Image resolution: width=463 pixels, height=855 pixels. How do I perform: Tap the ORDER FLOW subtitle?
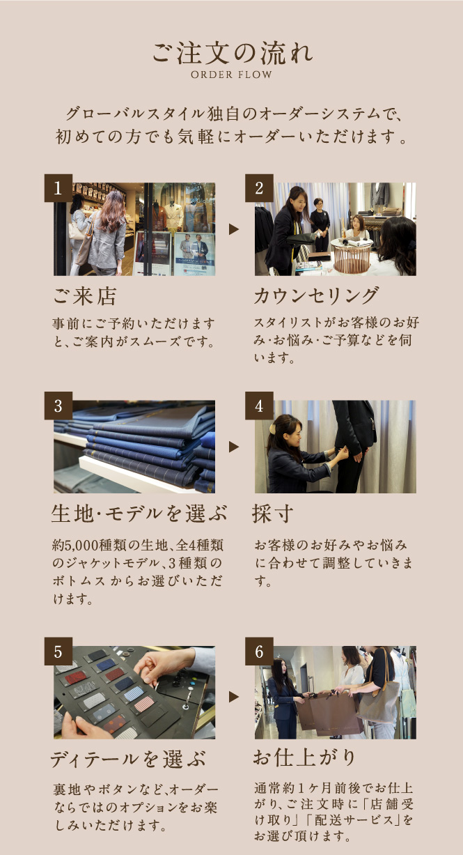(231, 75)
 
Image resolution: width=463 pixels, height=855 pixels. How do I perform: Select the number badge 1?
(58, 188)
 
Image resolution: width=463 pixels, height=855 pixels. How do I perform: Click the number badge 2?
(259, 188)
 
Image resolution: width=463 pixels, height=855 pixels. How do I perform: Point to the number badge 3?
(58, 406)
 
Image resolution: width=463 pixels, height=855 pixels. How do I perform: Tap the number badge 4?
(259, 406)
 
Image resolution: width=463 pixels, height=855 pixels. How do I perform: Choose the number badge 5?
(58, 651)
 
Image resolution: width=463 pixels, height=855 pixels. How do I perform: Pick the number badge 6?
(259, 651)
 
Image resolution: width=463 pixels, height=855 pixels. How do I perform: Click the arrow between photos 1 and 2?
(234, 229)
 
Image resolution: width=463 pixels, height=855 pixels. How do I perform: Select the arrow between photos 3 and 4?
(234, 447)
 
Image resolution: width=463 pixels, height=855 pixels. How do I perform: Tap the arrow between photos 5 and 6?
(234, 697)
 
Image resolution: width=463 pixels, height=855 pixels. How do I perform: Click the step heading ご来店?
(85, 296)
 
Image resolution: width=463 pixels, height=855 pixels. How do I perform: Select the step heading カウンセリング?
(317, 296)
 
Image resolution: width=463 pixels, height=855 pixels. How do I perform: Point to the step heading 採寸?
(273, 514)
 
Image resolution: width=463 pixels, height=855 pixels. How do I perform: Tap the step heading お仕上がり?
(304, 757)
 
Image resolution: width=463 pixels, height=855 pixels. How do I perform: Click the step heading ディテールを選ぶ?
(128, 759)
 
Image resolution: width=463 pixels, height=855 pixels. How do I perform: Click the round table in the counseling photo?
(352, 255)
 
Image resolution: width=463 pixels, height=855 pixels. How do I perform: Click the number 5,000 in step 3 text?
(81, 545)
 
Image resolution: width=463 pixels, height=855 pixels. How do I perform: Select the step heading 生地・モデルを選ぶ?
(139, 514)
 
